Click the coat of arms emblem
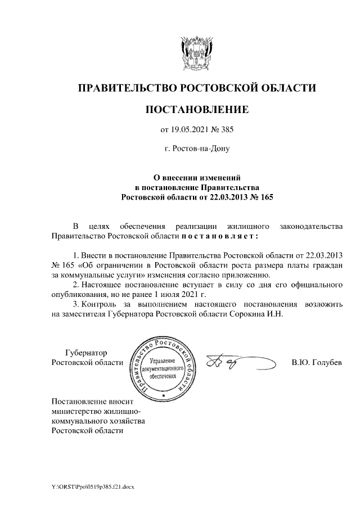[x=196, y=52]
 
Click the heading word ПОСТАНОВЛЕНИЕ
[x=196, y=109]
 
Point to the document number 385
[x=226, y=130]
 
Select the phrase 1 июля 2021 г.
[x=182, y=294]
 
